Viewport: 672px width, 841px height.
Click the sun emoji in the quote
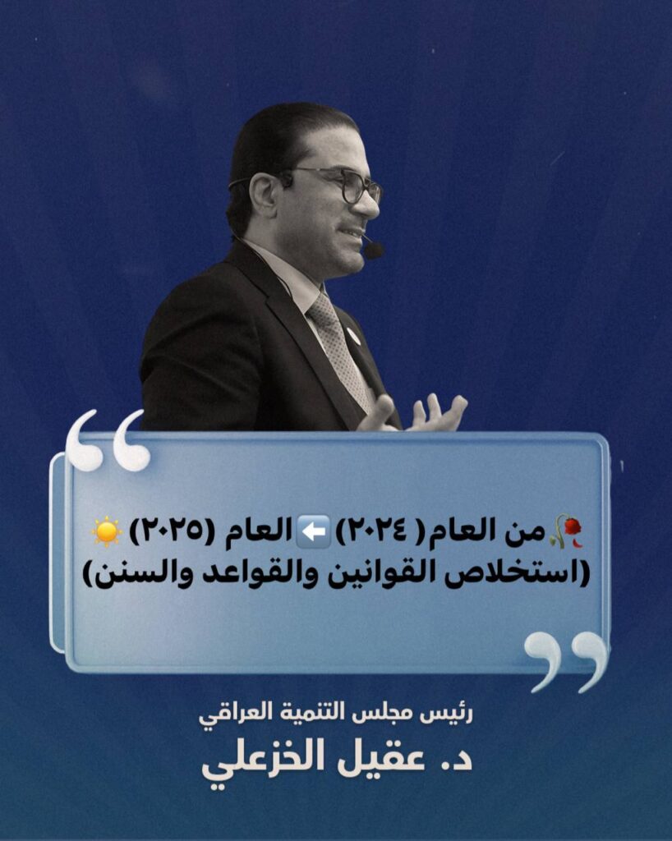click(107, 531)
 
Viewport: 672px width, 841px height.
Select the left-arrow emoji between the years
click(313, 531)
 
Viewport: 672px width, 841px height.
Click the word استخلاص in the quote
click(522, 574)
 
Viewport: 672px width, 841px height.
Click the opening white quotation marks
click(108, 441)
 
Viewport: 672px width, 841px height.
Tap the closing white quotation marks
click(566, 661)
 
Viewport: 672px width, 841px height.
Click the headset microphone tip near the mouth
click(374, 250)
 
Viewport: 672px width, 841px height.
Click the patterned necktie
click(339, 348)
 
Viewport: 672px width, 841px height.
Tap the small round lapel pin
click(354, 336)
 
